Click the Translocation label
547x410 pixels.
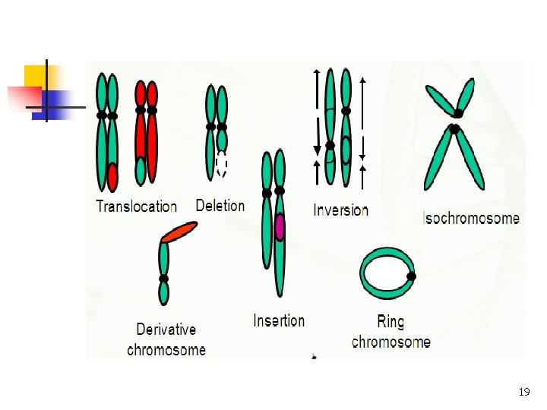click(x=136, y=206)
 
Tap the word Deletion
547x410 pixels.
click(x=220, y=205)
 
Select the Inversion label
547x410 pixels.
click(x=340, y=210)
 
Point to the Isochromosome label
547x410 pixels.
click(x=471, y=219)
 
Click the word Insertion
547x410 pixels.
click(x=279, y=320)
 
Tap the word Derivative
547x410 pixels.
click(x=166, y=330)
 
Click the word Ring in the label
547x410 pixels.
click(x=390, y=322)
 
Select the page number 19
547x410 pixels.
click(x=523, y=393)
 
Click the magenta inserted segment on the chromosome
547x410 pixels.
click(x=280, y=227)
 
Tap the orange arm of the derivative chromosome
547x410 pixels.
click(x=179, y=232)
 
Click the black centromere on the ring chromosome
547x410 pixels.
click(x=412, y=276)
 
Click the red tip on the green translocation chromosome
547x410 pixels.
click(x=112, y=177)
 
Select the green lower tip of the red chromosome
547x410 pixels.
click(x=141, y=172)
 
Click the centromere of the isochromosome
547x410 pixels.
click(x=456, y=121)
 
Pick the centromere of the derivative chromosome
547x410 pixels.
click(x=163, y=279)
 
